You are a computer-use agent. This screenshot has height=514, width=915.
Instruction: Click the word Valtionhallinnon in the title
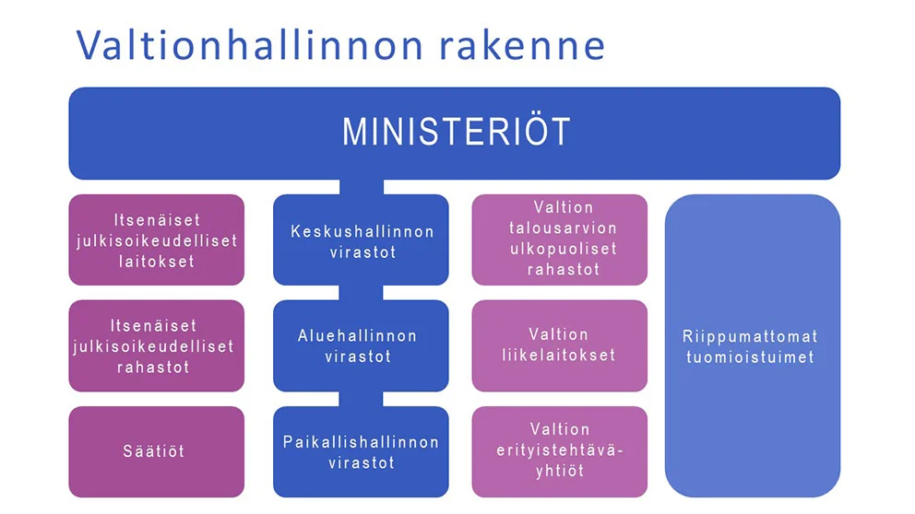249,45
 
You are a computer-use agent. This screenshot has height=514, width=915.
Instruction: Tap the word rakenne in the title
522,45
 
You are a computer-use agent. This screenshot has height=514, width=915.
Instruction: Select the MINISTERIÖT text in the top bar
456,132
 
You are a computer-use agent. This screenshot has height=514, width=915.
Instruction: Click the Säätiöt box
157,451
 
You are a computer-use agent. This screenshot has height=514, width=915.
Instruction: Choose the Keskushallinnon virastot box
361,239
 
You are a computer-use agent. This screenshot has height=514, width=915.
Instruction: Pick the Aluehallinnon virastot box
361,345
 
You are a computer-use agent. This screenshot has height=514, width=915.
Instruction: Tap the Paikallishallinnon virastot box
361,451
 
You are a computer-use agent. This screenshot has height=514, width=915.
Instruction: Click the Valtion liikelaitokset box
560,345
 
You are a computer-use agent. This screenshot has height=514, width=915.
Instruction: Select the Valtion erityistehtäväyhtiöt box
560,451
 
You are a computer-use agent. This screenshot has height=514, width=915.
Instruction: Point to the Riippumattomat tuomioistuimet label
750,346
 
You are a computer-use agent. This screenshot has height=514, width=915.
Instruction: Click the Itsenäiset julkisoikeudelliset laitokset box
157,239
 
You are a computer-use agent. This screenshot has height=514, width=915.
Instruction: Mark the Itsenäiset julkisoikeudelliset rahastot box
157,345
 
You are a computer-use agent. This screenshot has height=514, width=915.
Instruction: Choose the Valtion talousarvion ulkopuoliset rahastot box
560,239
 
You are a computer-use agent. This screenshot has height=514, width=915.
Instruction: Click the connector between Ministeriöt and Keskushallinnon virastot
362,186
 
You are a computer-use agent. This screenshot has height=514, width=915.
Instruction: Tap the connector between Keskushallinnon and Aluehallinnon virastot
362,293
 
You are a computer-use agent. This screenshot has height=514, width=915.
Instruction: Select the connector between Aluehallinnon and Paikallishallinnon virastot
362,399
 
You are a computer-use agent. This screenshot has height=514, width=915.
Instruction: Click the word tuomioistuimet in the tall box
750,356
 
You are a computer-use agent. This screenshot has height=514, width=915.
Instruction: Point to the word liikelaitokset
559,355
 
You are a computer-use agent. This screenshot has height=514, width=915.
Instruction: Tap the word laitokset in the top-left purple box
157,261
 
